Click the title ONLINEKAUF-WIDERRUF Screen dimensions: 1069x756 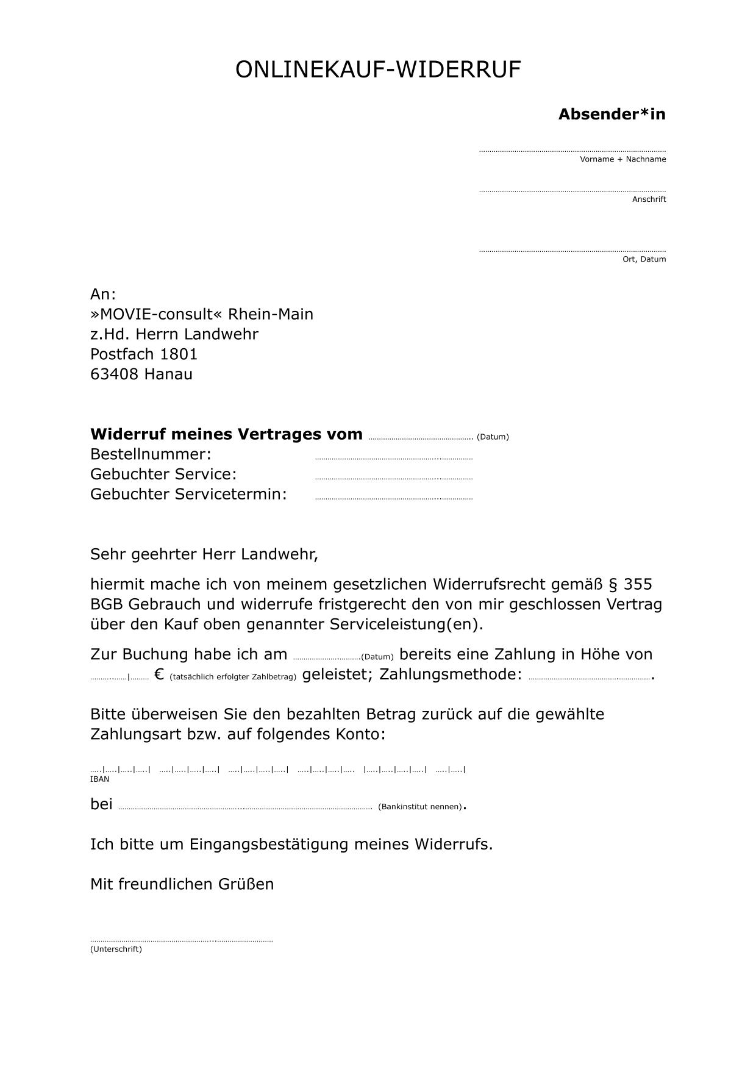(x=378, y=70)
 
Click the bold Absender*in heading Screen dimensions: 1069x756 (x=612, y=114)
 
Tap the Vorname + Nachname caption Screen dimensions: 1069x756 (x=622, y=159)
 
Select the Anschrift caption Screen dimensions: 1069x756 (x=649, y=199)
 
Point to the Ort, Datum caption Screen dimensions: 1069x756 (x=644, y=259)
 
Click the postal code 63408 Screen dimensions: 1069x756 (x=115, y=374)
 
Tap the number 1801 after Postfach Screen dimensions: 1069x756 (x=179, y=354)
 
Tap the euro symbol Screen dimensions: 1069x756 (x=160, y=674)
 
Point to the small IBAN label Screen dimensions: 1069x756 (x=99, y=779)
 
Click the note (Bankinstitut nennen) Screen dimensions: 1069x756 (x=419, y=807)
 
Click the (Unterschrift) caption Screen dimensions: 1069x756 (x=116, y=949)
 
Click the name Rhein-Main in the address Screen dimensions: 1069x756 (x=270, y=315)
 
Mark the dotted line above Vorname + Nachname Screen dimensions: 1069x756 (x=572, y=151)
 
